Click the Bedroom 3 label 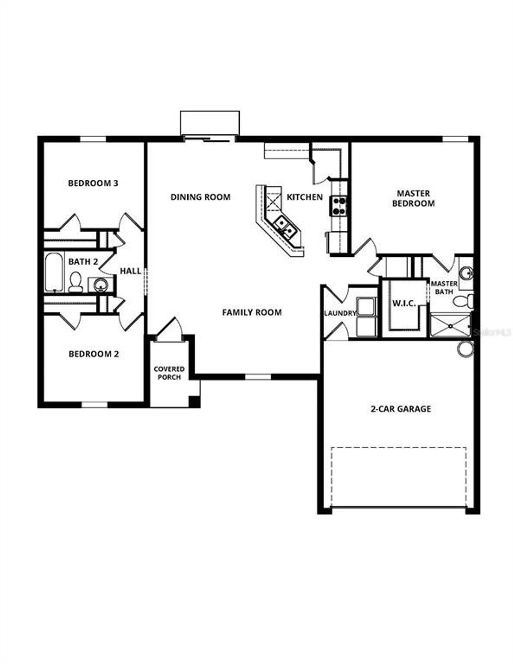[93, 183]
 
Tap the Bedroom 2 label [94, 354]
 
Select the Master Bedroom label [413, 198]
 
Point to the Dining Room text [200, 197]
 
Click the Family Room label [252, 312]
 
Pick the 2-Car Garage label [400, 409]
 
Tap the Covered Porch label [169, 373]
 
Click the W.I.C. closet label [404, 304]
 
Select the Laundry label [340, 313]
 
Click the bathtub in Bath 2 [54, 272]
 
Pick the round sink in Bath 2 [100, 285]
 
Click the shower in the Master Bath [450, 325]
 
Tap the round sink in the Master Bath [466, 274]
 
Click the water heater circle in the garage [465, 348]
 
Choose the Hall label [131, 271]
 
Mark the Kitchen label [305, 197]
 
